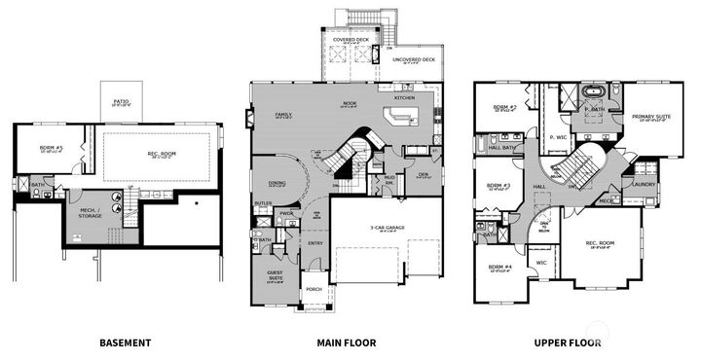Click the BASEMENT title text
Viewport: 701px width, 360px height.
tap(126, 342)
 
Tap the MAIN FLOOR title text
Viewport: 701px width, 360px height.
tap(346, 342)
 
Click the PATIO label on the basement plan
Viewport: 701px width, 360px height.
tap(121, 100)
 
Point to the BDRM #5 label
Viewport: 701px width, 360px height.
tap(51, 147)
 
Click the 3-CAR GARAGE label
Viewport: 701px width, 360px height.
tap(386, 228)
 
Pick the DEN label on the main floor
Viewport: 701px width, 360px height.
tap(424, 175)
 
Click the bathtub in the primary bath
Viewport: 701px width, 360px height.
tap(593, 95)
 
